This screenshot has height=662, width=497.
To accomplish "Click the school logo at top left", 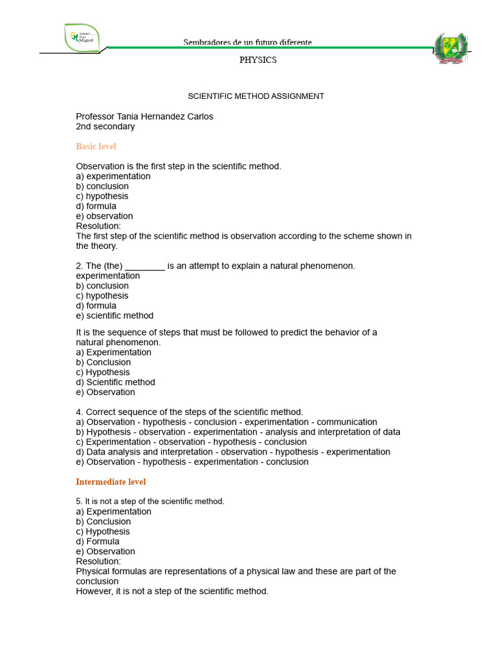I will click(82, 36).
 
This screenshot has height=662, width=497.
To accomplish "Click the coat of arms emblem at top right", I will click(452, 49).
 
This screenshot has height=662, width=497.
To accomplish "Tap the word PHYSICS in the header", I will click(258, 60).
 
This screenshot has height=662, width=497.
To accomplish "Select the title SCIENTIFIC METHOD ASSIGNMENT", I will click(256, 96).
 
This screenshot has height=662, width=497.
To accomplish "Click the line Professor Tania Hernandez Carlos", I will click(144, 117).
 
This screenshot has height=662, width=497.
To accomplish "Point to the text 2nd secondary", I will click(105, 127).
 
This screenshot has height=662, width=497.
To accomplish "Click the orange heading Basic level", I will click(96, 147).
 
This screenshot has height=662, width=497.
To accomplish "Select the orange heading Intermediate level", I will click(111, 482).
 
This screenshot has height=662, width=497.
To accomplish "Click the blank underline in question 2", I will click(145, 266).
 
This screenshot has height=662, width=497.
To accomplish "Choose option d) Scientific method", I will click(115, 382).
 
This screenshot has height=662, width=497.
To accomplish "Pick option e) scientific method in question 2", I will click(115, 315).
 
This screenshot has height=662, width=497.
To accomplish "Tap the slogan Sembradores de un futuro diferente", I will click(247, 42).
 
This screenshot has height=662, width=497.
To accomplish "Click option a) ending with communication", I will click(226, 422).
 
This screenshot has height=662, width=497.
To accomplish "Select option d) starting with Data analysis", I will click(233, 452).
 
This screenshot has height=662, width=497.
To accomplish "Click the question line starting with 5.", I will click(150, 502).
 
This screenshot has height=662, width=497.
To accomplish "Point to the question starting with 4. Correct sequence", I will click(189, 412).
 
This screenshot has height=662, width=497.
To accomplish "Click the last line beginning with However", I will click(172, 592).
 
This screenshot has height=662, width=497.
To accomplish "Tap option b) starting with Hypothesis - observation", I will click(238, 432).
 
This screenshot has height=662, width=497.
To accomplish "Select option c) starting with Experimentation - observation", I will click(191, 442).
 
